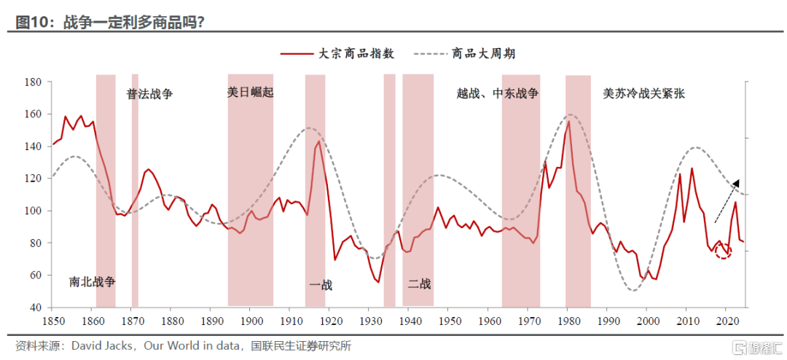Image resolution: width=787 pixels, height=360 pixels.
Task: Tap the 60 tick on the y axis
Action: click(39, 275)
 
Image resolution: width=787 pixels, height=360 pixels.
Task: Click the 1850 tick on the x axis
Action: click(52, 320)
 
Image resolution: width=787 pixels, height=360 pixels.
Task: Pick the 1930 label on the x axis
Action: click(369, 320)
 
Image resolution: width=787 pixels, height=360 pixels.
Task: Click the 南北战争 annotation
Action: click(93, 282)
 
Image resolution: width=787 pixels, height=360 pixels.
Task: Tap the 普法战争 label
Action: click(149, 94)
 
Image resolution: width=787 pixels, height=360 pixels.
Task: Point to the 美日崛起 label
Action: click(251, 93)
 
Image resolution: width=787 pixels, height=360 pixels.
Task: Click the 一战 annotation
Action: click(321, 286)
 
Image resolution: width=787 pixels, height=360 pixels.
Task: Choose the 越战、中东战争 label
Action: click(498, 93)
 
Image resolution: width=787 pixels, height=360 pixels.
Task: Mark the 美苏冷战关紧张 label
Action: click(644, 93)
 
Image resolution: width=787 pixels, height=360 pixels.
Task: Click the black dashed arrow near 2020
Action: click(727, 201)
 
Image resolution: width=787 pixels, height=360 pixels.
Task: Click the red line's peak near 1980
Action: click(568, 122)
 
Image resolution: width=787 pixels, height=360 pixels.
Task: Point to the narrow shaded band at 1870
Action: click(135, 190)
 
